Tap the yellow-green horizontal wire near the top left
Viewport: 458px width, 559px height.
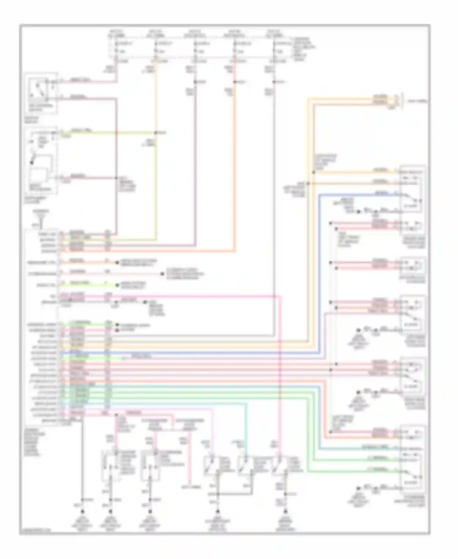pos(107,133)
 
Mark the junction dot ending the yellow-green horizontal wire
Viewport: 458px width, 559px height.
pos(156,133)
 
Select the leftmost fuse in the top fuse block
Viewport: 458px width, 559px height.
pos(116,47)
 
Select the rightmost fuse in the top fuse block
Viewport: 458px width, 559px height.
pos(274,47)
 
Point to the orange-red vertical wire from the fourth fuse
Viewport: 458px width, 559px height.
pos(235,168)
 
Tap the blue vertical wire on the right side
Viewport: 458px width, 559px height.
pos(319,275)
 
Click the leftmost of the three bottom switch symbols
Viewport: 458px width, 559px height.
pos(210,465)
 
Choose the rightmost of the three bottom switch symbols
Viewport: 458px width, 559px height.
pos(279,465)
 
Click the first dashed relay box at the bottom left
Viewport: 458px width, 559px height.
pos(111,465)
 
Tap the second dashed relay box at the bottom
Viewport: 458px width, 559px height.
pos(150,465)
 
